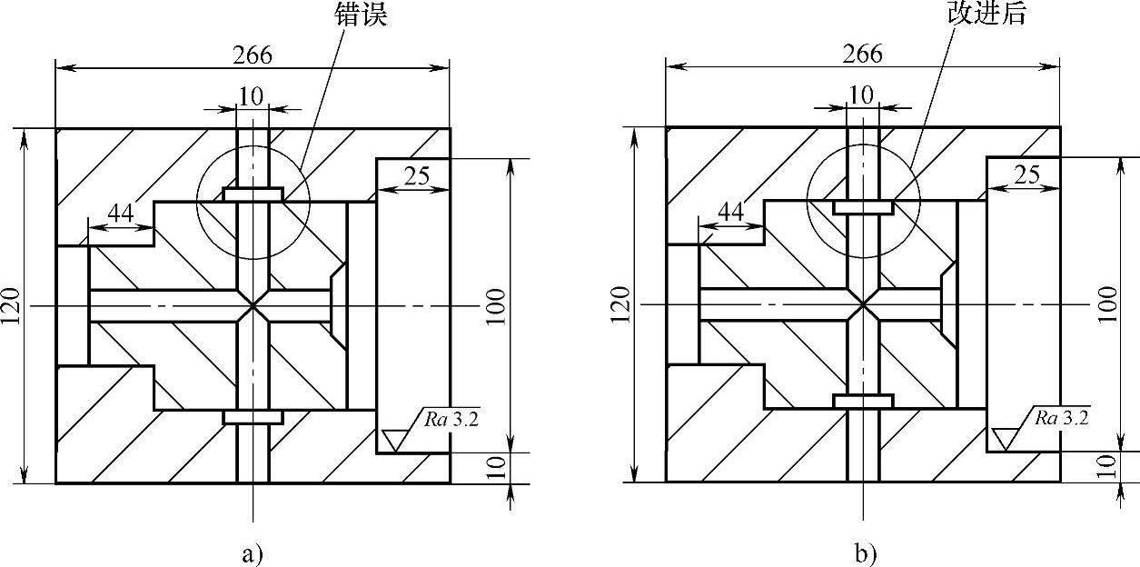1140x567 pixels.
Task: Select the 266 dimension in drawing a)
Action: tap(252, 55)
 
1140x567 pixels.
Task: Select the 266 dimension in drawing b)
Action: tap(862, 54)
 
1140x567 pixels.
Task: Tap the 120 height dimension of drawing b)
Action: tap(624, 306)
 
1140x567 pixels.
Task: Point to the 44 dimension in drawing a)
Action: tap(121, 213)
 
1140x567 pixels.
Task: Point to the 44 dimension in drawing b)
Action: tap(730, 212)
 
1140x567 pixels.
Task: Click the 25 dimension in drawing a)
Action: tap(416, 176)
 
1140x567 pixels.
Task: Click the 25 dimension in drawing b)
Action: tap(1026, 175)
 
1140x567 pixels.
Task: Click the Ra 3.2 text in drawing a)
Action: tap(451, 419)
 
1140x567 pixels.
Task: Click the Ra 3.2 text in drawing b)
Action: tap(1062, 418)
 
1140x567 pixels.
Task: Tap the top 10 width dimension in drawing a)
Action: tap(252, 95)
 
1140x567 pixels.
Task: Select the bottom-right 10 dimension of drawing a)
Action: tap(496, 467)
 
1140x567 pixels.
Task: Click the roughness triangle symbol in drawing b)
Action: tap(1006, 439)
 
